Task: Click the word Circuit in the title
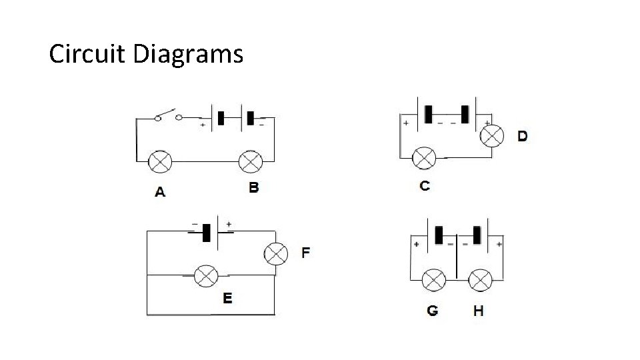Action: pyautogui.click(x=87, y=54)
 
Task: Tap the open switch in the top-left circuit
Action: pyautogui.click(x=169, y=116)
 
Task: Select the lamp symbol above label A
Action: pyautogui.click(x=160, y=162)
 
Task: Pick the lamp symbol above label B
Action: pyautogui.click(x=251, y=162)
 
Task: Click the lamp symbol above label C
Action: pyautogui.click(x=425, y=158)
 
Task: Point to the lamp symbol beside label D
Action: pyautogui.click(x=492, y=137)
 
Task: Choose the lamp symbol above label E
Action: pyautogui.click(x=205, y=275)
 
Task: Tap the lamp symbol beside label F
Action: pyautogui.click(x=276, y=254)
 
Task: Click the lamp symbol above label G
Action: pyautogui.click(x=435, y=279)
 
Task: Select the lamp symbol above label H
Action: pyautogui.click(x=479, y=279)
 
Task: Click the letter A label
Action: pyautogui.click(x=160, y=192)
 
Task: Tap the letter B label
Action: pyautogui.click(x=253, y=187)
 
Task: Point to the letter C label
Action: pyautogui.click(x=425, y=185)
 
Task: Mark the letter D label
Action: pyautogui.click(x=523, y=136)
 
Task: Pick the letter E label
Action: pyautogui.click(x=227, y=298)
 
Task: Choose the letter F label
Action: pyautogui.click(x=305, y=253)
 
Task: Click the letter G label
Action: pyautogui.click(x=433, y=310)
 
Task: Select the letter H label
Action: pyautogui.click(x=478, y=310)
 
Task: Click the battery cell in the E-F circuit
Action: pyautogui.click(x=207, y=233)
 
